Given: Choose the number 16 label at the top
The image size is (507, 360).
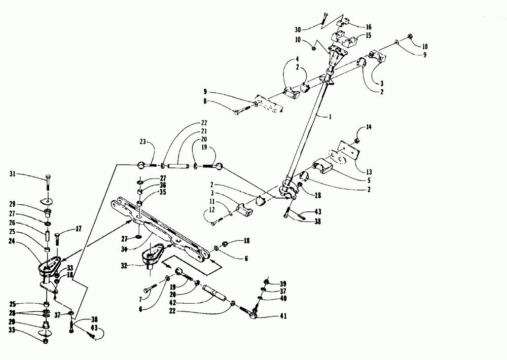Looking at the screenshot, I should click(369, 26).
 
